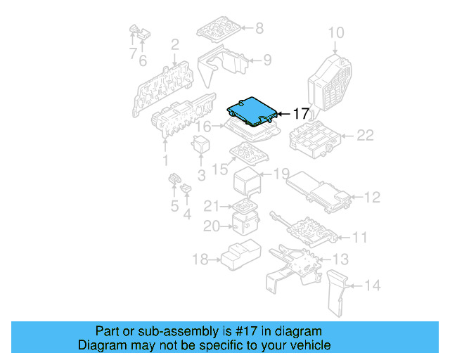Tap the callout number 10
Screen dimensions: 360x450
click(336, 32)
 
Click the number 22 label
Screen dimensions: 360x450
click(365, 136)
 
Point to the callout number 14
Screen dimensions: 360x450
click(372, 286)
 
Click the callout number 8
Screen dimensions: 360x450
click(259, 28)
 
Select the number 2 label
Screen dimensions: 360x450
click(174, 45)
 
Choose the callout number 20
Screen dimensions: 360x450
click(212, 226)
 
